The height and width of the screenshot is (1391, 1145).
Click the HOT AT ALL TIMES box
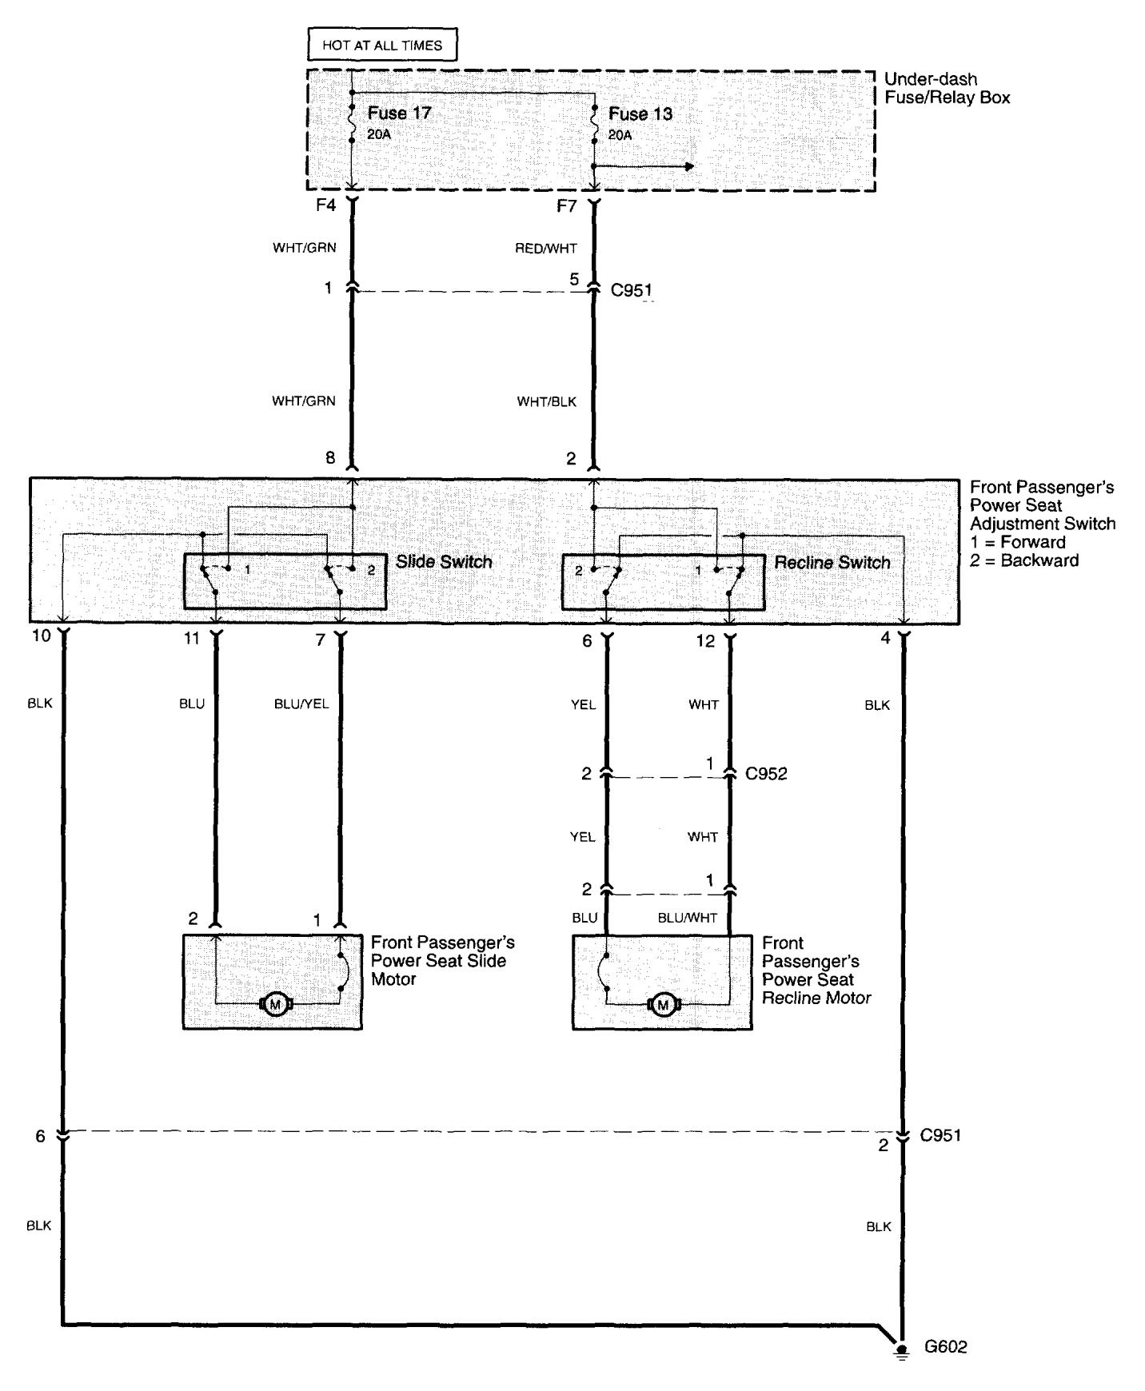[382, 46]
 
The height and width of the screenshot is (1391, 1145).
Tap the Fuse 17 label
[399, 113]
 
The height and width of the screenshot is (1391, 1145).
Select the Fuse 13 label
[640, 114]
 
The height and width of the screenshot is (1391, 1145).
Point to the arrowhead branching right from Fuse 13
[688, 166]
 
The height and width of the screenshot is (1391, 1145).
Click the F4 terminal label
[325, 205]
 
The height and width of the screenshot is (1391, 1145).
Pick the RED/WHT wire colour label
[546, 249]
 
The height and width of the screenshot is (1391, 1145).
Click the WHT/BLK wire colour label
[547, 401]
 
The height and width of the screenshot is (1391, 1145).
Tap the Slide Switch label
[444, 561]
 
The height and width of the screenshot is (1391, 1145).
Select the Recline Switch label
[832, 562]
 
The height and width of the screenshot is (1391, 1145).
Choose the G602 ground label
[946, 1346]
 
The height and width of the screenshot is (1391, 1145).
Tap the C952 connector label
[766, 774]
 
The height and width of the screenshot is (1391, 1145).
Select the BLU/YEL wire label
[301, 704]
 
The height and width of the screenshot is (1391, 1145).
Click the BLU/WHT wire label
[688, 918]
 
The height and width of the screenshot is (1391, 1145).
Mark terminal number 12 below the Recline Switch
[706, 640]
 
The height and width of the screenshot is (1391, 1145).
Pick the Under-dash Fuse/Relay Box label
[948, 89]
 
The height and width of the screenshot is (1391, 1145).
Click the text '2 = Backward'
[1024, 560]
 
